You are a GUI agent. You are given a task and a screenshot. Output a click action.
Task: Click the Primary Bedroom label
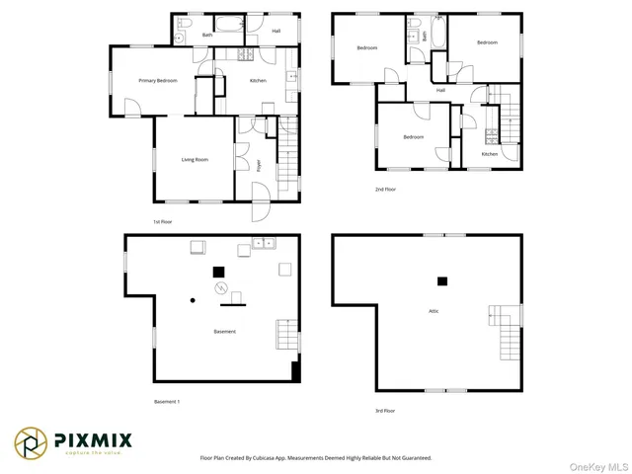point(157,81)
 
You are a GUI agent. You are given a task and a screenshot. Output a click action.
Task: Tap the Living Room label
point(194,159)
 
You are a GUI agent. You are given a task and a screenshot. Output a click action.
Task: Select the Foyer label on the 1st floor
point(259,165)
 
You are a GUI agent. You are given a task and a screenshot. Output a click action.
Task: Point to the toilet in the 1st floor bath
point(179,37)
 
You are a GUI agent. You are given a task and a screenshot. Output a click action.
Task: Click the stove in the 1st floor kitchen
point(292,76)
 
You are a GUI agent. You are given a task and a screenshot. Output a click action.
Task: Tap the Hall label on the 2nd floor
point(440,91)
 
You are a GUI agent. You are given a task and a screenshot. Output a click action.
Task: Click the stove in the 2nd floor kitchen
point(492,135)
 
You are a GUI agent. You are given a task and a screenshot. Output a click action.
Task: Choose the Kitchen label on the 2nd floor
point(490,154)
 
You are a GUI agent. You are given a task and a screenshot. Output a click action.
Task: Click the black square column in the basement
point(218,272)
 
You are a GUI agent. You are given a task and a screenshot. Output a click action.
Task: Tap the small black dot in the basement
point(193,299)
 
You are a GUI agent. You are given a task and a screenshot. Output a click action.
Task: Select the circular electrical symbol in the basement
point(222,288)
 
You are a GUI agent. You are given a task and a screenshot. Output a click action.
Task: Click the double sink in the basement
point(264,242)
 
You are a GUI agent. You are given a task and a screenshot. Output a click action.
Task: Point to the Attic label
point(433,311)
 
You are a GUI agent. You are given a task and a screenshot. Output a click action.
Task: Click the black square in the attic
point(442,281)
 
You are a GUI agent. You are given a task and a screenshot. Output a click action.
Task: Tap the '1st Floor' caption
point(164,221)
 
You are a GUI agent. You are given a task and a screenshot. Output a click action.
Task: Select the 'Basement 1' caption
point(166,402)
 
